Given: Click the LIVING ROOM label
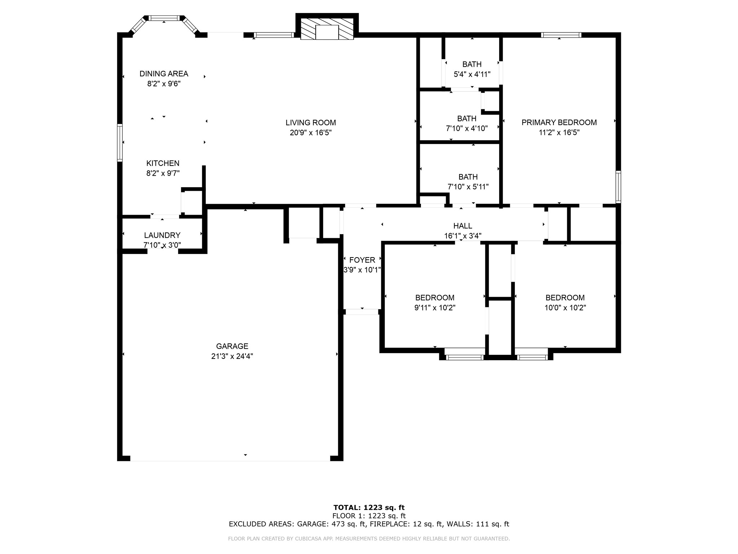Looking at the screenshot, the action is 311,123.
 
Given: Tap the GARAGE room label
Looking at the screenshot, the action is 232,346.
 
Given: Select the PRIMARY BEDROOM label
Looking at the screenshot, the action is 559,123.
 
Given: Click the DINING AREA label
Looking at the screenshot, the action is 164,74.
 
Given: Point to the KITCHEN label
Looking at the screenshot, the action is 163,163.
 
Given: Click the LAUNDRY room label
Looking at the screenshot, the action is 162,236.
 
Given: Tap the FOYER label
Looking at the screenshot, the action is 362,260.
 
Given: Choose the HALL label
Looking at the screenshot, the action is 463,226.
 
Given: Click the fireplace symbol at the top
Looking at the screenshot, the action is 327,29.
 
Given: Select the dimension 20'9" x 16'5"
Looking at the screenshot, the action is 311,133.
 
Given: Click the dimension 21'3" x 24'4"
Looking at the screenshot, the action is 232,356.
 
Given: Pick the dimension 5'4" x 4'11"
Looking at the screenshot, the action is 472,74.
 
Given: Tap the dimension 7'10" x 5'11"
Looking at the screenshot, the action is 468,187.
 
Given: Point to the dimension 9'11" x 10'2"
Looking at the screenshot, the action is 435,308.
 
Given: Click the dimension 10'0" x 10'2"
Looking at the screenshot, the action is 565,308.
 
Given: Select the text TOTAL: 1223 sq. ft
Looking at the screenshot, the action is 369,508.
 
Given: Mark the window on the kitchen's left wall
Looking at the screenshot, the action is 120,142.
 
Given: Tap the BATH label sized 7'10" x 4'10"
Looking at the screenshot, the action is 467,119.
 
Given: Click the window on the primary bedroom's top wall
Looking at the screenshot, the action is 561,35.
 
